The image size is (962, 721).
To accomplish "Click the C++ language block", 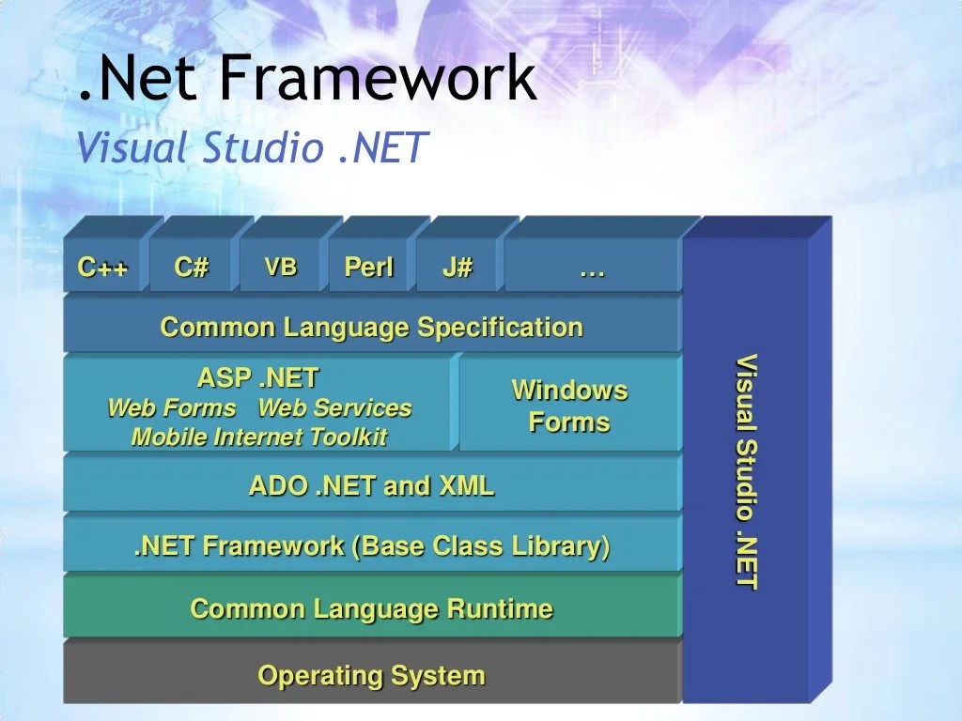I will [103, 268].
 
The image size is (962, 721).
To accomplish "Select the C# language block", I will [192, 268].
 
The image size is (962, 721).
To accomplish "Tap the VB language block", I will [280, 268].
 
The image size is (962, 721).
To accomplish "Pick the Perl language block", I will [369, 268].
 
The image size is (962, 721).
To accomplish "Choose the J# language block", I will [458, 268].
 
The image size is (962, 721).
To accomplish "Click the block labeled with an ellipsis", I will [592, 268].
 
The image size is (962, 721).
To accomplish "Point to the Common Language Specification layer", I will [372, 328].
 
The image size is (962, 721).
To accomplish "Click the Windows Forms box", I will [569, 406].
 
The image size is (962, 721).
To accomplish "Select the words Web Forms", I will [171, 408].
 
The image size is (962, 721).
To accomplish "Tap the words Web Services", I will [334, 408].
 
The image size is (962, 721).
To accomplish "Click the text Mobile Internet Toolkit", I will [258, 437].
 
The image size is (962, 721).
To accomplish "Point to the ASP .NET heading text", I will [258, 378].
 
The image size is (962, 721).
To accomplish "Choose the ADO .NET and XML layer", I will [372, 486].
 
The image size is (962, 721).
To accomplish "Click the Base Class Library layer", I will [372, 545].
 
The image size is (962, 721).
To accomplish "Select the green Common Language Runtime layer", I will [372, 608].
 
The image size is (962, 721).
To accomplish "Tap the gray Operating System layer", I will [372, 675].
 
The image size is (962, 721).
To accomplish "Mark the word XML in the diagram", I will [466, 486].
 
